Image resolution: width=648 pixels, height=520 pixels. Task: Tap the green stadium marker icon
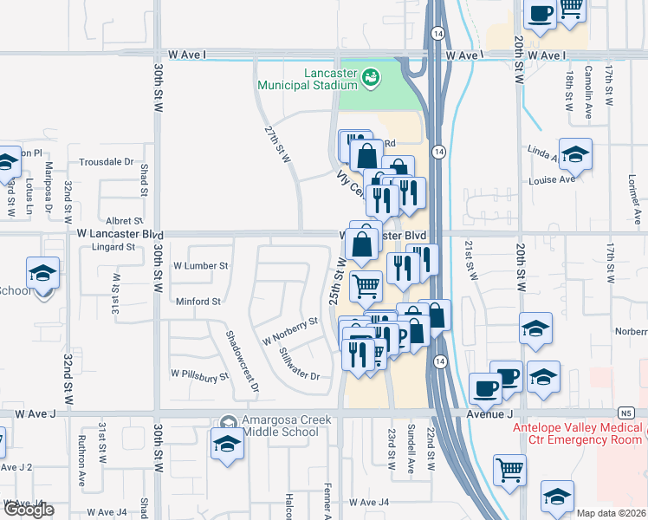coord(371,78)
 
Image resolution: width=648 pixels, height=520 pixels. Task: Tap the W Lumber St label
coord(201,266)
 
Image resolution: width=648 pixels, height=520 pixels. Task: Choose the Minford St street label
coord(198,302)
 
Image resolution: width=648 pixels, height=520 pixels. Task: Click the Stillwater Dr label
coord(300,365)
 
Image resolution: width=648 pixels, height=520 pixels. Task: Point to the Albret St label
coord(125,221)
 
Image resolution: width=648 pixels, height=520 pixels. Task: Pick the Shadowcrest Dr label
coord(243,361)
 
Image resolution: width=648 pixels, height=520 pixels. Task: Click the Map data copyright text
coord(612,513)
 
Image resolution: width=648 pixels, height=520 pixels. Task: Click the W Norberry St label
coord(284,330)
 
